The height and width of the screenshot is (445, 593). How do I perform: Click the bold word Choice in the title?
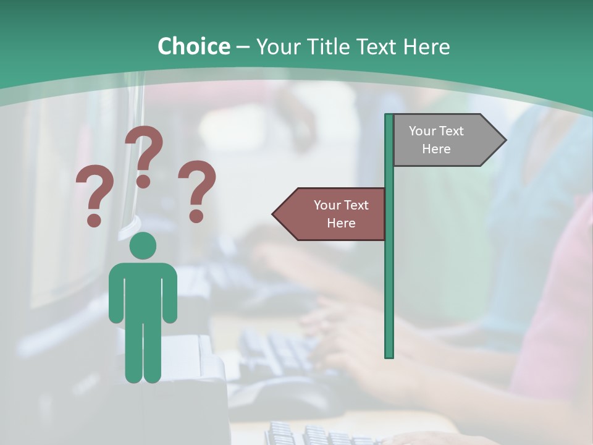tap(193, 47)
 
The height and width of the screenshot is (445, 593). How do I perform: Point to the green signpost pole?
tap(389, 278)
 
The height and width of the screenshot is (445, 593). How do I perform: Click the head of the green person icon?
tap(143, 245)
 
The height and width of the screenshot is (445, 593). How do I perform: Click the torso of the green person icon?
tap(143, 290)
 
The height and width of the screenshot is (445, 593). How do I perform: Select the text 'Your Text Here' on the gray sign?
tap(436, 140)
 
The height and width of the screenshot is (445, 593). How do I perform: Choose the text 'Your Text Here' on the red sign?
tap(341, 214)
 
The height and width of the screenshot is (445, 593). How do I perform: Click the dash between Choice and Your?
tap(243, 48)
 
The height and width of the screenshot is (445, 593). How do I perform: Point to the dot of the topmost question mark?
tap(143, 182)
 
